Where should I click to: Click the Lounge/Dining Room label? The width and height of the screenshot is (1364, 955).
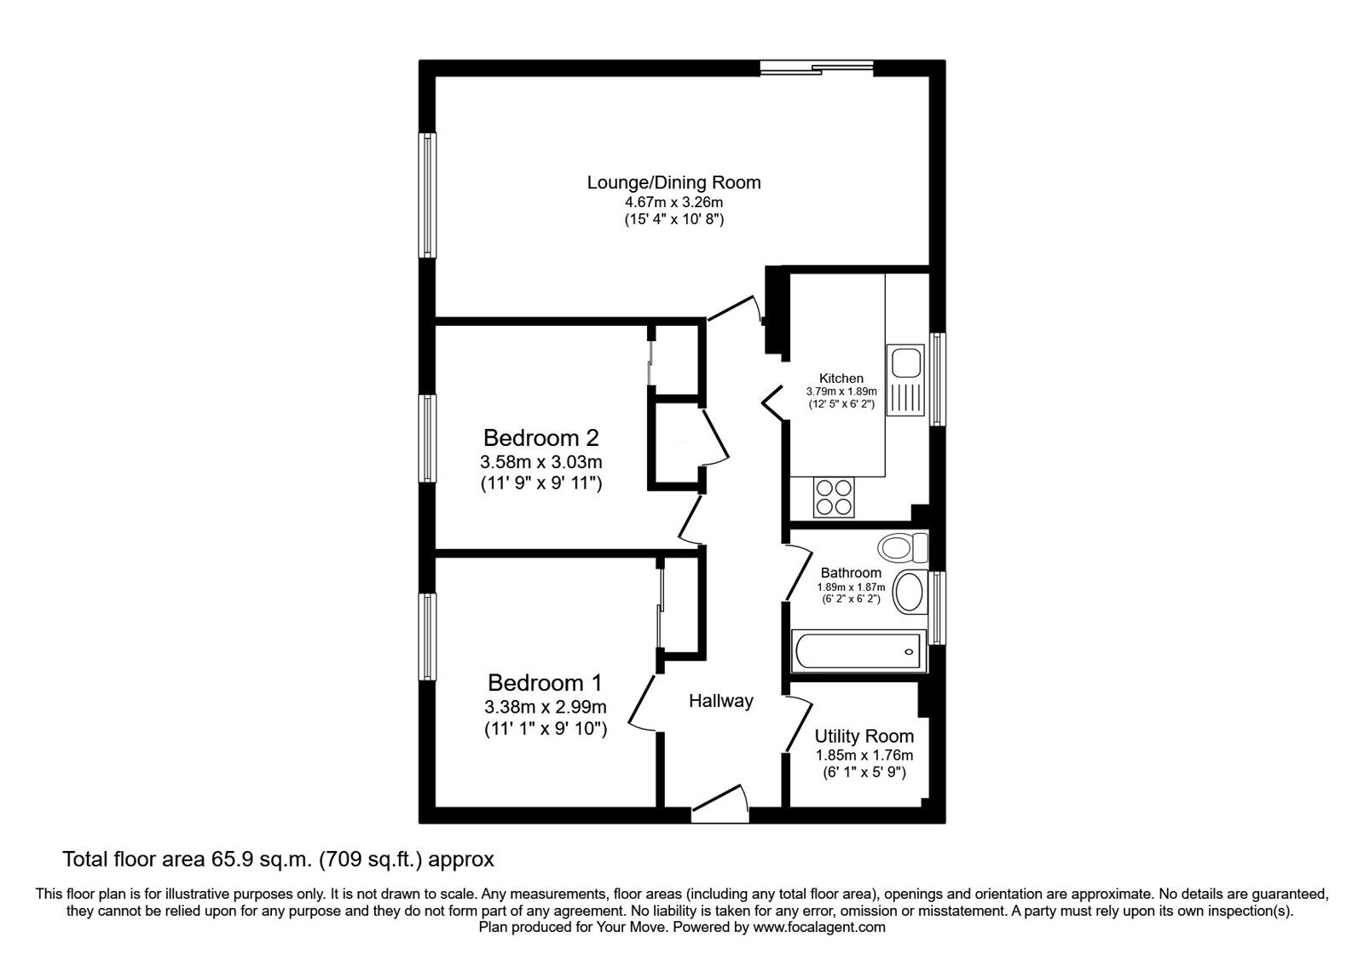pos(673,182)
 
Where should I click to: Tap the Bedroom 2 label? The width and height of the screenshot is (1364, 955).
pos(540,437)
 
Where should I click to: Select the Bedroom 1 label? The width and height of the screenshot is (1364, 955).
pos(545,682)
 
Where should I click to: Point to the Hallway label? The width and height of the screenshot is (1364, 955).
pos(721,701)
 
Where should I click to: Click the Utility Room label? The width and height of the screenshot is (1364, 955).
pos(864,736)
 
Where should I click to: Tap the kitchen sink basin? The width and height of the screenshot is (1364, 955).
pos(905,363)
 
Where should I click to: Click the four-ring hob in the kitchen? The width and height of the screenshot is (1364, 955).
pos(834,497)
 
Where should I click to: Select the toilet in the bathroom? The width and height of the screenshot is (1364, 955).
pos(903,547)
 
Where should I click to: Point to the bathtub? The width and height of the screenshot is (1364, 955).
pos(858,651)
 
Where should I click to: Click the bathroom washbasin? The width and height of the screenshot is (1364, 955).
pos(910,592)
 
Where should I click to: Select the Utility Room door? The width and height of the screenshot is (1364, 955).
pos(798,725)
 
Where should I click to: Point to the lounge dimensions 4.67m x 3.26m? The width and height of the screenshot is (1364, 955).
pos(673,201)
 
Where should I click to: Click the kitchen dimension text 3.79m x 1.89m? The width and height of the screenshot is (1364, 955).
pos(841,391)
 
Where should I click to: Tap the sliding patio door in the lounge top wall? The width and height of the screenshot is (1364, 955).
pos(817,68)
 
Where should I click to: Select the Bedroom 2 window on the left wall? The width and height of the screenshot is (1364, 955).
pos(427,438)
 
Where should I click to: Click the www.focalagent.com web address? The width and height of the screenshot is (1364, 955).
pos(819,927)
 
